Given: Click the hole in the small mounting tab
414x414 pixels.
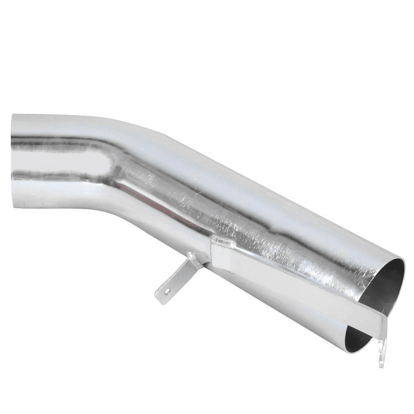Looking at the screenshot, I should tap(167, 291).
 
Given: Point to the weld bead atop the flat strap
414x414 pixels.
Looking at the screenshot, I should tap(223, 240).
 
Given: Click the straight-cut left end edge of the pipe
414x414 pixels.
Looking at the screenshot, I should tap(12, 161).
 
